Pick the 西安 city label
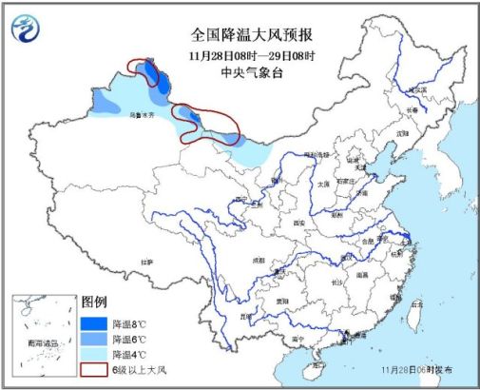tap(302, 222)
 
